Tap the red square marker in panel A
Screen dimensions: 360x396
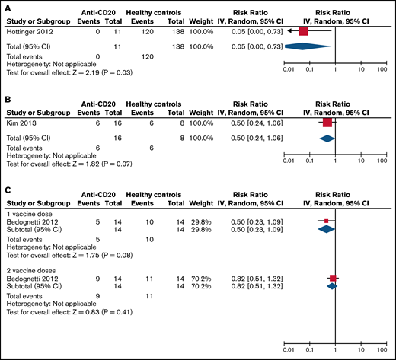coord(304,32)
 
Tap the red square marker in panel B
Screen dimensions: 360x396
coord(327,122)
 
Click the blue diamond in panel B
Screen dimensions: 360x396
coord(327,137)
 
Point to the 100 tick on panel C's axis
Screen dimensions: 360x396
coord(382,352)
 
